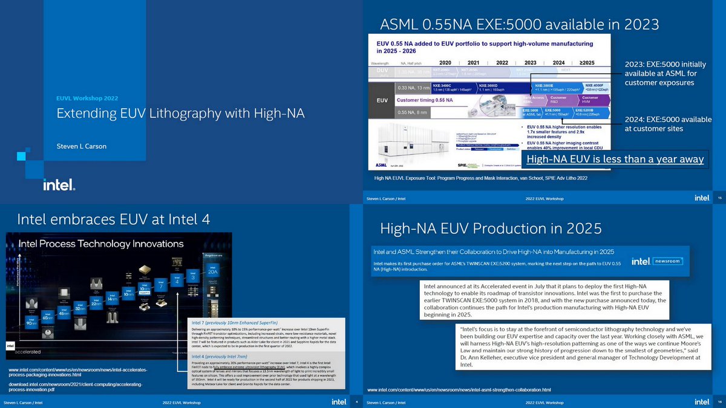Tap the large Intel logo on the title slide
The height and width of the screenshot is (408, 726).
click(x=59, y=184)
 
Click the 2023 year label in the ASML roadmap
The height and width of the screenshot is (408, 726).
click(x=530, y=62)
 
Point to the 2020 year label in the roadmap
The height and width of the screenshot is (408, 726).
click(x=445, y=62)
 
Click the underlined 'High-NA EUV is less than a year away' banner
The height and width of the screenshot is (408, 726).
click(x=615, y=160)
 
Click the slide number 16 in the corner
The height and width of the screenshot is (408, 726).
click(x=719, y=401)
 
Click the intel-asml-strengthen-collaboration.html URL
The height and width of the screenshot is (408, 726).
click(x=459, y=389)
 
